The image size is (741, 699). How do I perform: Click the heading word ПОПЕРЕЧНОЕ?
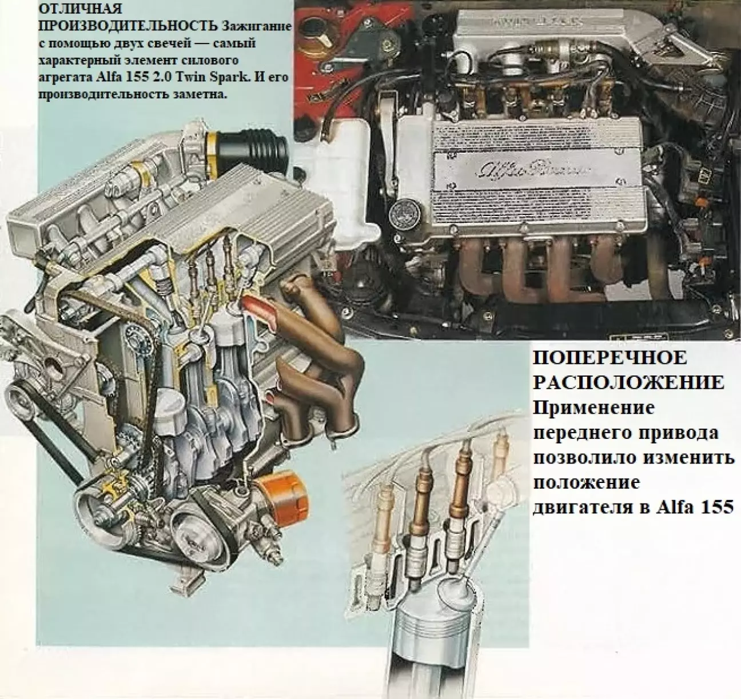(609, 358)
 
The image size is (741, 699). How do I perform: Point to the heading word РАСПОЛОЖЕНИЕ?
(629, 383)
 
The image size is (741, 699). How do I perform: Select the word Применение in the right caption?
(593, 408)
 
